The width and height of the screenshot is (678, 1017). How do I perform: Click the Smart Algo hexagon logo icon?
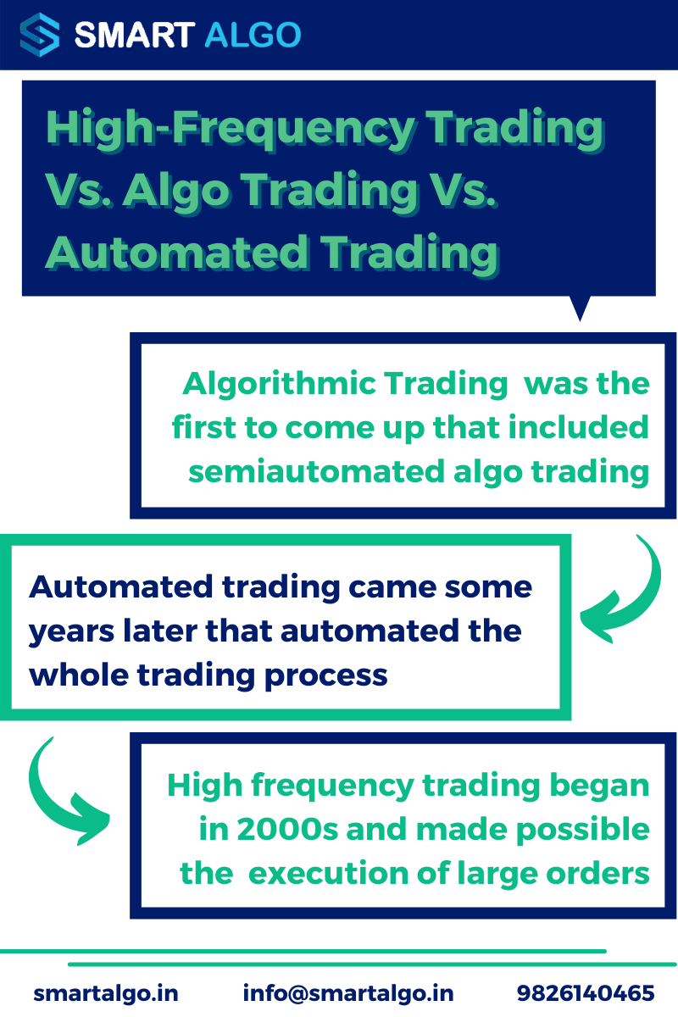[40, 35]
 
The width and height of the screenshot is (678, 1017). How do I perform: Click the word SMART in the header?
[132, 35]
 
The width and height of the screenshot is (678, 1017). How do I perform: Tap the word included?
[579, 427]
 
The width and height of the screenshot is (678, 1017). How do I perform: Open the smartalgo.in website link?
[106, 993]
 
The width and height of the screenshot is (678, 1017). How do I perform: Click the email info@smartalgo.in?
[348, 993]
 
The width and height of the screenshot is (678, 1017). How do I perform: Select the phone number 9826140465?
[586, 993]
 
